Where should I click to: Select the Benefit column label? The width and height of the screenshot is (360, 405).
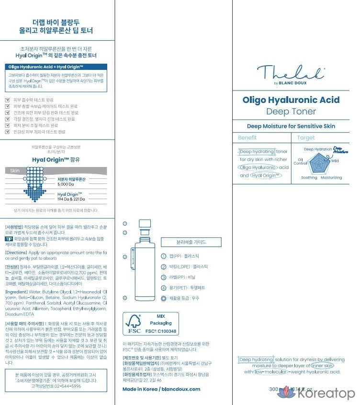click(247, 138)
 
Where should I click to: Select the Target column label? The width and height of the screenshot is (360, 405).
click(306, 138)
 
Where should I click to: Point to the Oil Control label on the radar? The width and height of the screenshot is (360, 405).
click(300, 161)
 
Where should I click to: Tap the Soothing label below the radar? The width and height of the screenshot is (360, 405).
click(309, 178)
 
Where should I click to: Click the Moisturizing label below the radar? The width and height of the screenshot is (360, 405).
click(331, 178)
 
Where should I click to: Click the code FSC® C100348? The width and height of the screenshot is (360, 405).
click(160, 331)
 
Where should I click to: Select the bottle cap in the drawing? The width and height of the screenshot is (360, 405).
click(145, 224)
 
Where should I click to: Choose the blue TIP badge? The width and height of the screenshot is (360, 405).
click(9, 238)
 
